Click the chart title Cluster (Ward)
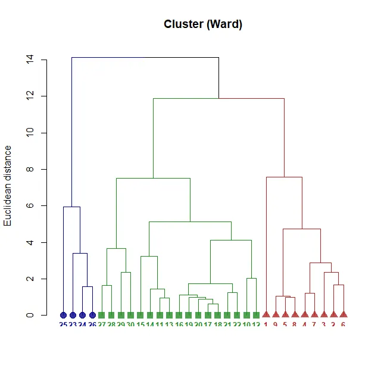click(203, 24)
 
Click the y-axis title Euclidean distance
click(8, 186)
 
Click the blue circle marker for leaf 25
click(63, 315)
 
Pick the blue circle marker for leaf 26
click(92, 315)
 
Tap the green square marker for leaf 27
click(102, 315)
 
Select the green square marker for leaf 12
click(257, 315)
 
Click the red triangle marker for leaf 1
click(266, 314)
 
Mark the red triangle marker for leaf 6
click(344, 314)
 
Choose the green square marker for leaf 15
click(141, 315)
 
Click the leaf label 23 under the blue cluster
click(73, 324)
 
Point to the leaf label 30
click(130, 324)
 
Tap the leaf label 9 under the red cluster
click(276, 324)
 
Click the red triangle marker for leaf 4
click(305, 314)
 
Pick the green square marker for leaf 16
click(179, 315)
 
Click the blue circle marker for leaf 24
click(82, 315)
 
